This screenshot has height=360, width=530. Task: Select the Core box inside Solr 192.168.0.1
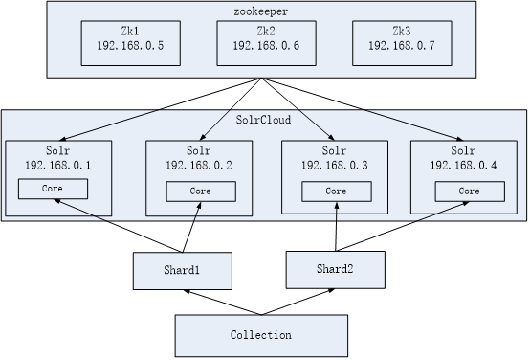[x=53, y=189]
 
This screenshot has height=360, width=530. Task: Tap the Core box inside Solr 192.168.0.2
[x=201, y=191]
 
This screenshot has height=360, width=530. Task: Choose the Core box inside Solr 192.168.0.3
[x=334, y=191]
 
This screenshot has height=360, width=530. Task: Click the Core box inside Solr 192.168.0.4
[x=469, y=191]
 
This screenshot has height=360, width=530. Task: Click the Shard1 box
[x=181, y=269]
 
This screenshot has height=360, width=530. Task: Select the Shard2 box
[x=335, y=269]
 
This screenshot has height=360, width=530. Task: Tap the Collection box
[x=260, y=335]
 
